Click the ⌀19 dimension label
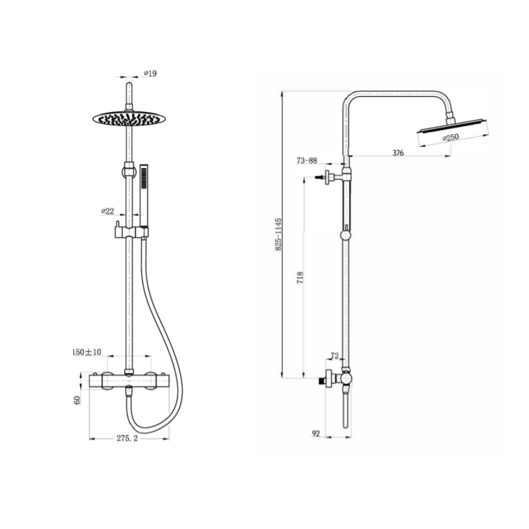pyautogui.click(x=150, y=73)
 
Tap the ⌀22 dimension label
pyautogui.click(x=107, y=211)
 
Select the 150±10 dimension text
pyautogui.click(x=87, y=352)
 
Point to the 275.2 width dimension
pyautogui.click(x=127, y=438)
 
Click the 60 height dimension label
pyautogui.click(x=78, y=400)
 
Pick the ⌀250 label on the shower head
pyautogui.click(x=451, y=137)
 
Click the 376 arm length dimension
pyautogui.click(x=398, y=153)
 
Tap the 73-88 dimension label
pyautogui.click(x=307, y=160)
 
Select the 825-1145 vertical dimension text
pyautogui.click(x=278, y=234)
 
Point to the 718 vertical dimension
pyautogui.click(x=300, y=277)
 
